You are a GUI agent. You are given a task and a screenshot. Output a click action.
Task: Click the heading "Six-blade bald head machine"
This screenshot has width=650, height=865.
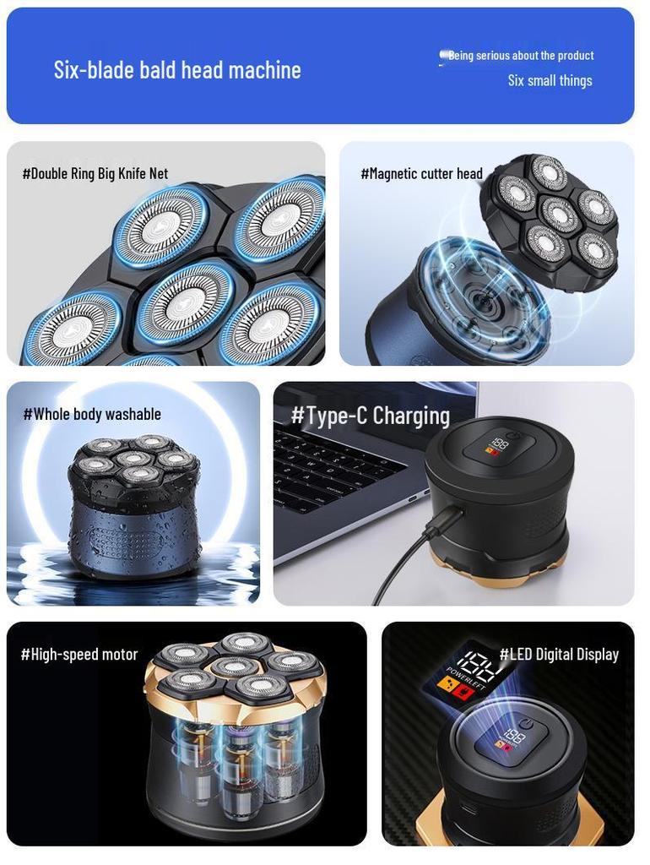177,70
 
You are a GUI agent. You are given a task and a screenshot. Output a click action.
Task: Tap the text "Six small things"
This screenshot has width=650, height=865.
550,80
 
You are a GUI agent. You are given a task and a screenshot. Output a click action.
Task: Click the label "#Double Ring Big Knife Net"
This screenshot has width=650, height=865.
95,174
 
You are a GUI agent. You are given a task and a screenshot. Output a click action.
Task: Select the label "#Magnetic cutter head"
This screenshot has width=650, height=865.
421,174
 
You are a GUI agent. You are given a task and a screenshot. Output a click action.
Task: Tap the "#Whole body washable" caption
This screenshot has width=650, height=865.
92,414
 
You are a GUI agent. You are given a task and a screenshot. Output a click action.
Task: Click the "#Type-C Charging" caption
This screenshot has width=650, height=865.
371,416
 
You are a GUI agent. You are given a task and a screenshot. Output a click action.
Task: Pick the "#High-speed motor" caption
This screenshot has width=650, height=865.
79,655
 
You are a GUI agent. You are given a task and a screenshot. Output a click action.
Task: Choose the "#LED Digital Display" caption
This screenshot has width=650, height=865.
559,655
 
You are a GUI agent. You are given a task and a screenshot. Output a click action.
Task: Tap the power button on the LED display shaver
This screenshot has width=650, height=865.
525,724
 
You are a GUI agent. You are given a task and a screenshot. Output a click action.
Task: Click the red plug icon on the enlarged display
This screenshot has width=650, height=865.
462,693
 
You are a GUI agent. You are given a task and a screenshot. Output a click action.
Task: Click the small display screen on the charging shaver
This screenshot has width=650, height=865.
495,446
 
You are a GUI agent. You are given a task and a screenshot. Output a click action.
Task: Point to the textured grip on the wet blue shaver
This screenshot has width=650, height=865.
130,538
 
